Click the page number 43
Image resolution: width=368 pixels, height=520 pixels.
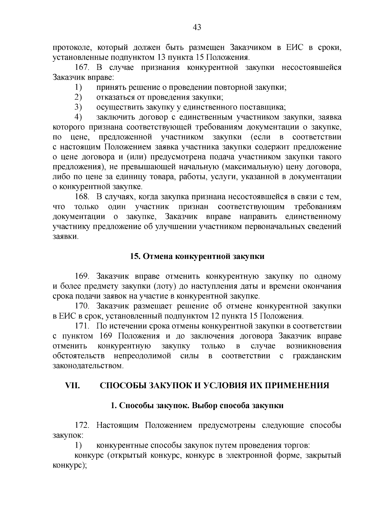coord(197,28)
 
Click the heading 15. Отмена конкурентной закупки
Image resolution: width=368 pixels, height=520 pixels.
coord(197,256)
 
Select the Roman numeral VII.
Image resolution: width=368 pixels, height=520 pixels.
coord(73,385)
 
